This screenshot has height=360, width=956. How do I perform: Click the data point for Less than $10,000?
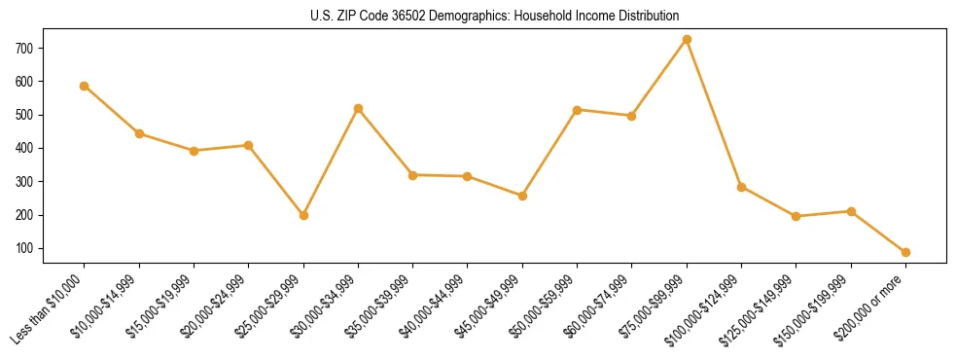85,86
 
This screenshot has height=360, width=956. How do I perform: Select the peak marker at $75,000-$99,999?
687,39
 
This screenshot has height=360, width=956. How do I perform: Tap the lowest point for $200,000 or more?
905,252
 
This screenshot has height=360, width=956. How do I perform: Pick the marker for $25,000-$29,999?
303,215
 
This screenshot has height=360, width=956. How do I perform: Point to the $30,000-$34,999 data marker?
358,108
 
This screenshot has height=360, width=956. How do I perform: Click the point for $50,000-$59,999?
578,110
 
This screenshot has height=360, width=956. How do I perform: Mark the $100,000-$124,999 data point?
741,187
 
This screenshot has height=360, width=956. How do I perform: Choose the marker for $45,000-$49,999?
522,196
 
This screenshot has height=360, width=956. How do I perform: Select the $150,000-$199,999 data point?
851,211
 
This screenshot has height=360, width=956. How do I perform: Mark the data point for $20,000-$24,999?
248,145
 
